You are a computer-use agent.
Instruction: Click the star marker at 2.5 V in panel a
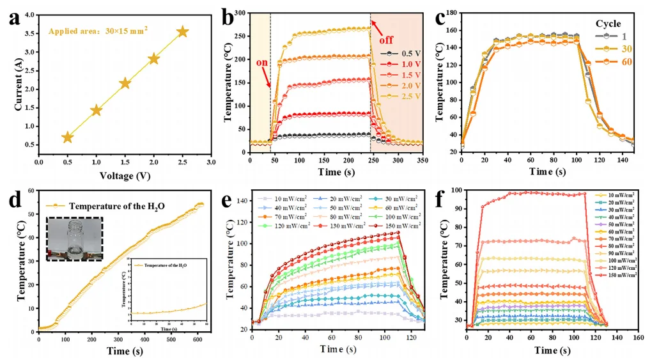pyautogui.click(x=182, y=31)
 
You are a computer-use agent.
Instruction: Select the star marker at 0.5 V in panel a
pyautogui.click(x=67, y=137)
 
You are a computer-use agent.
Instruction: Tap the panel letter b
pyautogui.click(x=227, y=18)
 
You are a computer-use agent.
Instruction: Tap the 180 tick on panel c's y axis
pyautogui.click(x=451, y=12)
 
